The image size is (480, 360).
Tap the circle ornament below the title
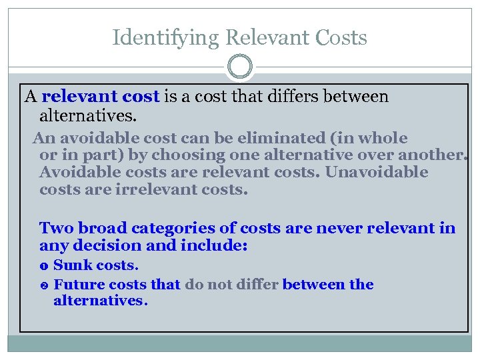coord(240,67)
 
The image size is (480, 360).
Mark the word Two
coord(55,229)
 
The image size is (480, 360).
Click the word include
coord(213,246)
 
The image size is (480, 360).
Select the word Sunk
coord(72,265)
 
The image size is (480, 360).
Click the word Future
coord(77,285)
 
